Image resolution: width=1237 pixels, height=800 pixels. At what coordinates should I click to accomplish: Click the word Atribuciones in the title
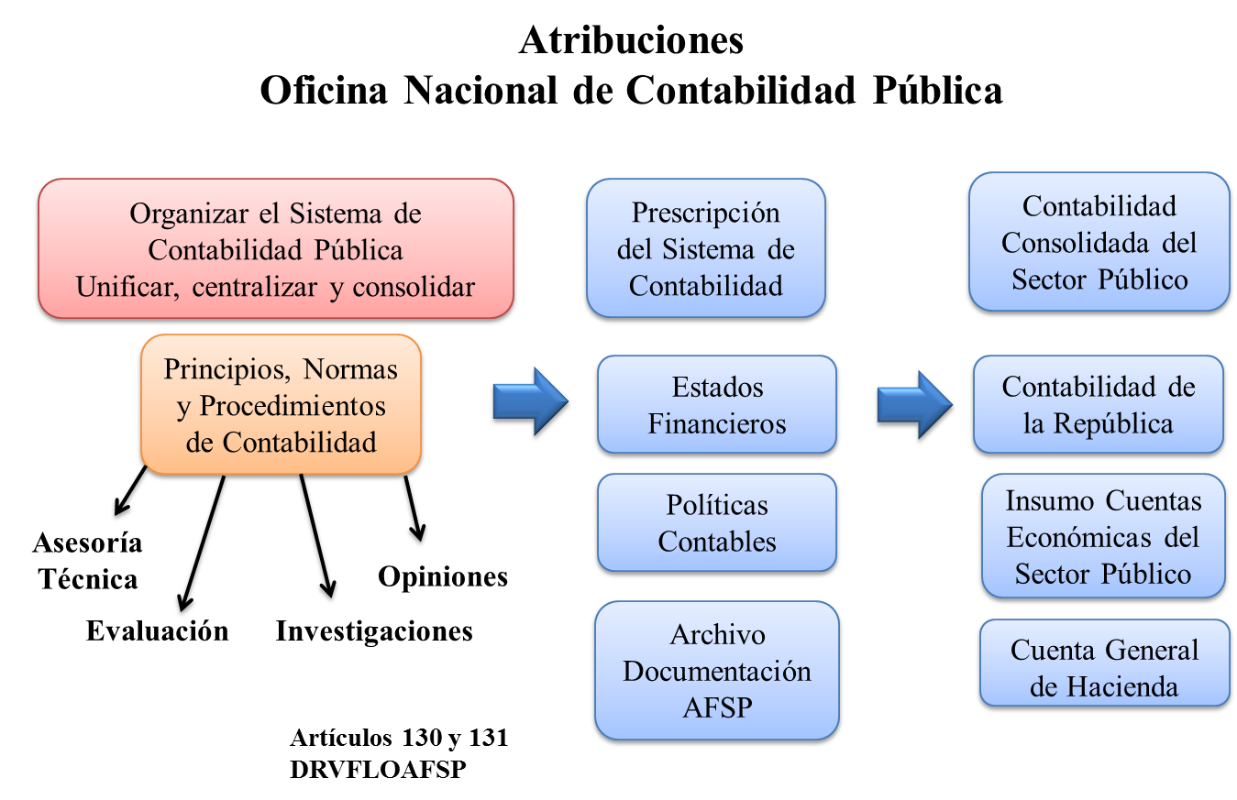[631, 40]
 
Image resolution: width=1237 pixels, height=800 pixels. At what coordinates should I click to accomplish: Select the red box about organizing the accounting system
[276, 248]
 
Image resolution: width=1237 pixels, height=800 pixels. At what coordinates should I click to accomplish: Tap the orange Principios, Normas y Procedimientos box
[282, 404]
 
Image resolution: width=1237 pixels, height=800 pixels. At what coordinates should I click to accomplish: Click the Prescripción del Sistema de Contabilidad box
[706, 248]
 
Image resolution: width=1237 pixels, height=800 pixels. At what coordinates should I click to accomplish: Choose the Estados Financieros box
[717, 404]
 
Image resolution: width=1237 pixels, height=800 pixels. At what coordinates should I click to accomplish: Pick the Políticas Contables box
[717, 522]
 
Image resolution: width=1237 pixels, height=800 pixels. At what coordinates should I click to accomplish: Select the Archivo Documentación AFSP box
[717, 671]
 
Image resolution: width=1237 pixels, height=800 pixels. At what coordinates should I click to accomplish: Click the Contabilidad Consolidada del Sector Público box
[1099, 242]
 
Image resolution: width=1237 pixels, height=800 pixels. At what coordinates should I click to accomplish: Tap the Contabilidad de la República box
[1099, 404]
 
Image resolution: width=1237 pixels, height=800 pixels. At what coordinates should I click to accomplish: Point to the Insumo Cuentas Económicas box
[1103, 536]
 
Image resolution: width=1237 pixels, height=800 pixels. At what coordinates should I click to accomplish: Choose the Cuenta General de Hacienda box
[1104, 663]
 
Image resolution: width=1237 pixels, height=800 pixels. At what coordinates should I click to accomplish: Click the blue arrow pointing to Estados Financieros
[530, 401]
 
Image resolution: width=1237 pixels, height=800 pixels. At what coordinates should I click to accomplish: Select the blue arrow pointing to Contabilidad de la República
[915, 404]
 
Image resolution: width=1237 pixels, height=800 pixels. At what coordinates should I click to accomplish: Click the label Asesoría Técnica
[87, 561]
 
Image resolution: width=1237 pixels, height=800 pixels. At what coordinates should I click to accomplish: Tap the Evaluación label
[158, 630]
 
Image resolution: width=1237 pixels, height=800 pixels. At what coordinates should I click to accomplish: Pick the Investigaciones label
[374, 631]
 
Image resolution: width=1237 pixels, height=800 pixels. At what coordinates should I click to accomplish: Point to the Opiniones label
[443, 577]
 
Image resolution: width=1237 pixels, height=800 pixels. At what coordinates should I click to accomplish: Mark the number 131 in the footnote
[488, 738]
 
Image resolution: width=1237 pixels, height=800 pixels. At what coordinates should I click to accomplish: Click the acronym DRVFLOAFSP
[379, 770]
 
